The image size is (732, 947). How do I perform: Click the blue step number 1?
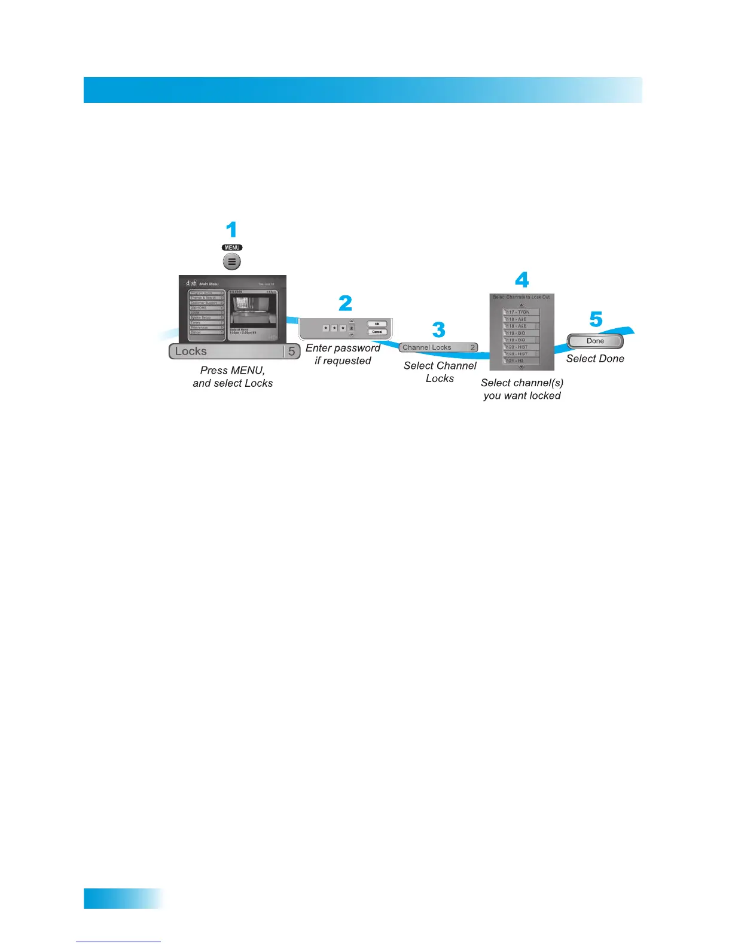(x=231, y=230)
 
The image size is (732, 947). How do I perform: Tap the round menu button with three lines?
(x=232, y=261)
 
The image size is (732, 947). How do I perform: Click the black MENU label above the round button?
(x=232, y=248)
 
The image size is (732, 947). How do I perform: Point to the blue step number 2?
(x=346, y=303)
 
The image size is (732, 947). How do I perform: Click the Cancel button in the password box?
(x=377, y=332)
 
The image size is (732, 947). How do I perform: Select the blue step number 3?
(x=439, y=330)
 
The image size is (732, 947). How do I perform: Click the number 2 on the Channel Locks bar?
(x=472, y=347)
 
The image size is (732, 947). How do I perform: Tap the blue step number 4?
(x=522, y=280)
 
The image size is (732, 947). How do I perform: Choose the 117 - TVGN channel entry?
(x=521, y=312)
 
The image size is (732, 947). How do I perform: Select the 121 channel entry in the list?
(x=521, y=361)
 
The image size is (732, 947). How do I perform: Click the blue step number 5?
(x=596, y=319)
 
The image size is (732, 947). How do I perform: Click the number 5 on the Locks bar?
(x=291, y=352)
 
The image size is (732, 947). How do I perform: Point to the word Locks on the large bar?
(x=191, y=352)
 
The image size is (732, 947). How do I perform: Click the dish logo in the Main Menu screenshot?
(x=191, y=283)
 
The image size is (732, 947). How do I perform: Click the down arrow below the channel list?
(x=521, y=367)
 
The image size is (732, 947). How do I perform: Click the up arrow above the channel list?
(x=521, y=305)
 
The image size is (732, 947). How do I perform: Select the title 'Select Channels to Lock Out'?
(x=521, y=297)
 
